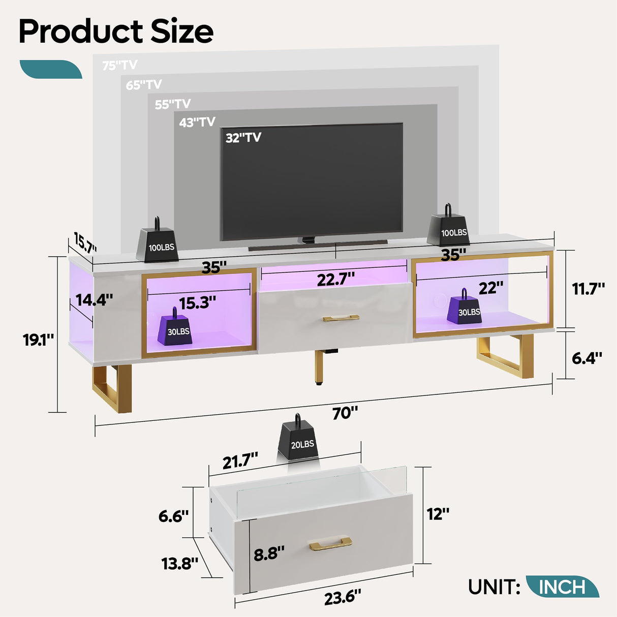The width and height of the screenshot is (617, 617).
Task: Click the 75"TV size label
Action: (119, 65)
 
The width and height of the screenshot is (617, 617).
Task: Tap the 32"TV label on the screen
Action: (243, 138)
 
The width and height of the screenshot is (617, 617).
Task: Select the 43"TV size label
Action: (197, 122)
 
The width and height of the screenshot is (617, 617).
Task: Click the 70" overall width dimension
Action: (345, 413)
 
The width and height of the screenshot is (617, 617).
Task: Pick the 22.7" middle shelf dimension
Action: (335, 279)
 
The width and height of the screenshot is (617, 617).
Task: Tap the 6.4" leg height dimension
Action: (587, 358)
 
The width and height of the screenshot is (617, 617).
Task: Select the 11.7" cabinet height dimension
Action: (588, 289)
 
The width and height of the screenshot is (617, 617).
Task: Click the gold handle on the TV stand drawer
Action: (341, 319)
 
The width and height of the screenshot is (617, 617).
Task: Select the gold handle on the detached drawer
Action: (330, 544)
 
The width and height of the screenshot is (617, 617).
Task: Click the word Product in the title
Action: (80, 32)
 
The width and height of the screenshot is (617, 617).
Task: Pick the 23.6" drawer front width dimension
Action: (343, 597)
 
